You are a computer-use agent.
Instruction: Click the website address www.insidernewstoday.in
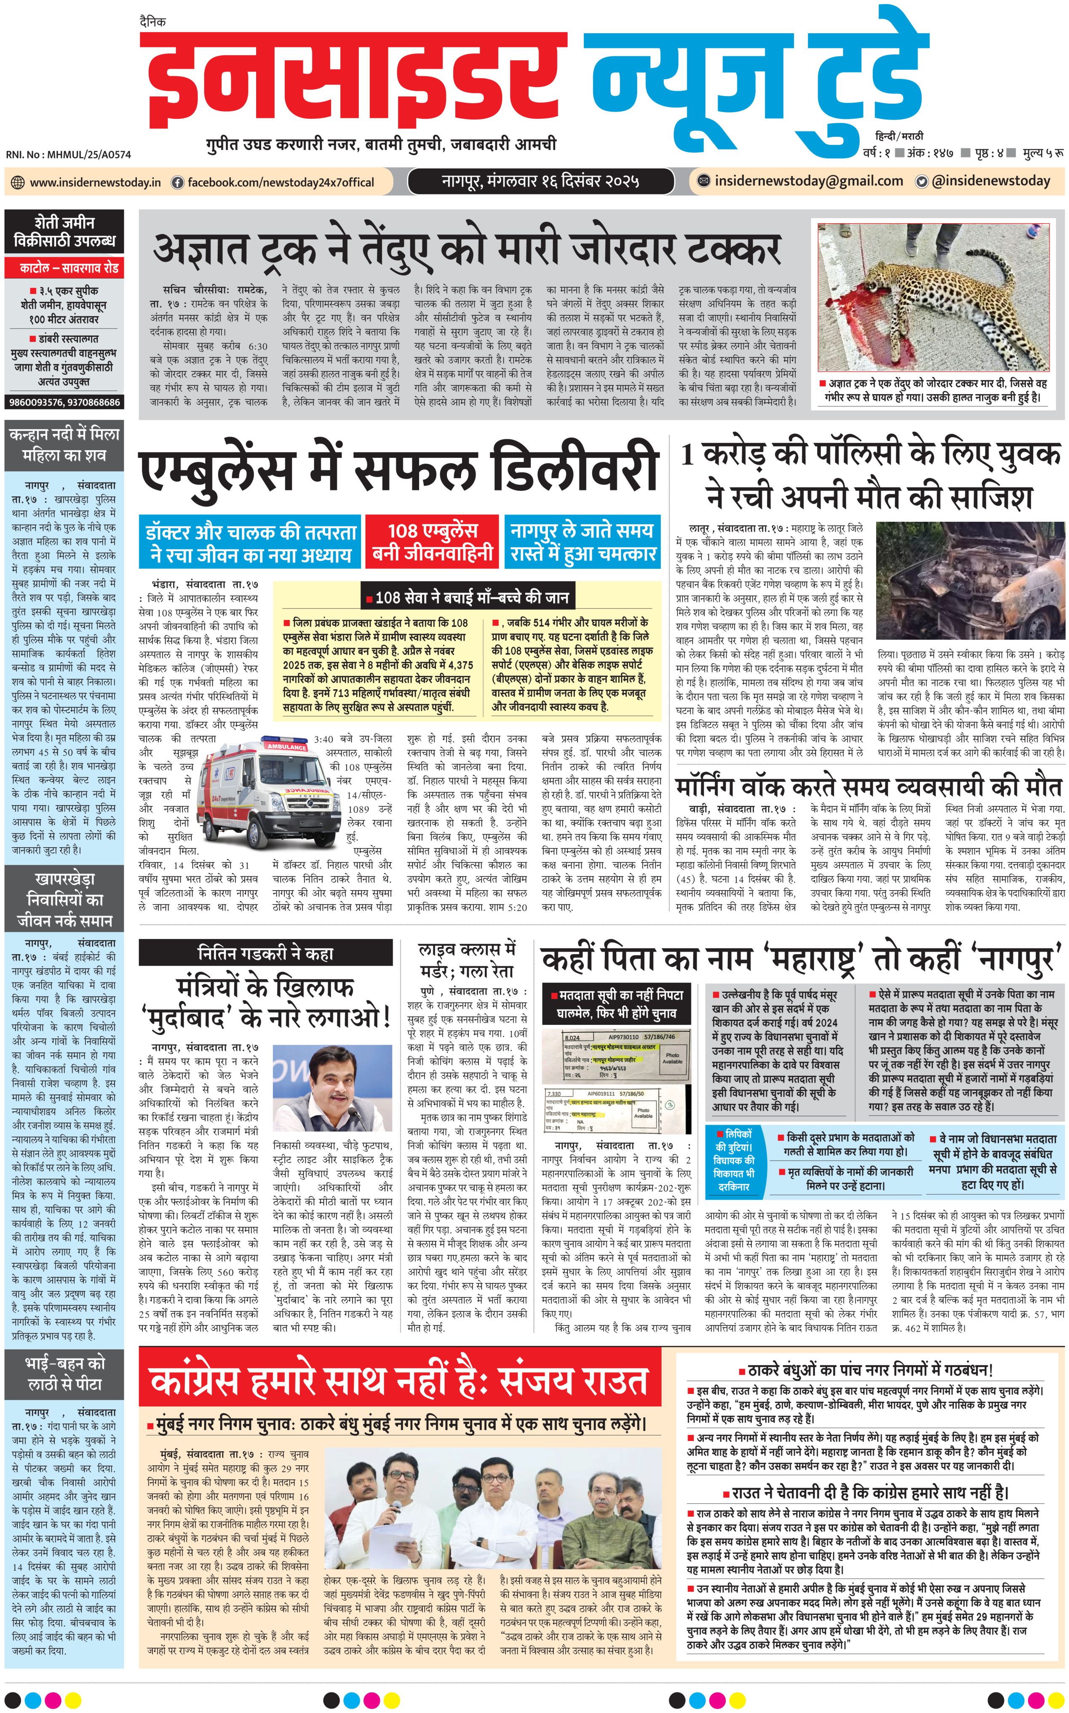point(95,182)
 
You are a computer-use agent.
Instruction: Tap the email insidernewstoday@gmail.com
point(808,181)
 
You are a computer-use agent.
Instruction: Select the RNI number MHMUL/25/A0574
point(69,154)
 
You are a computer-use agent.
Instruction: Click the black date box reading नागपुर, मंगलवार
point(541,181)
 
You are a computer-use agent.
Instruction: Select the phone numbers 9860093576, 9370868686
point(64,402)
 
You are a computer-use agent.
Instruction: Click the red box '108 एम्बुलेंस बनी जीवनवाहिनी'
point(433,542)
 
